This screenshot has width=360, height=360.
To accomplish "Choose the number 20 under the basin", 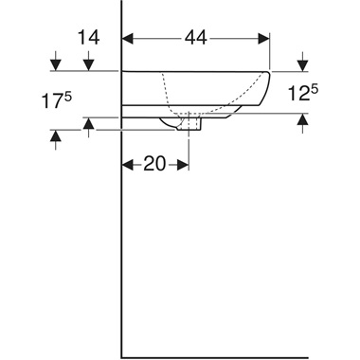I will pyautogui.click(x=154, y=164).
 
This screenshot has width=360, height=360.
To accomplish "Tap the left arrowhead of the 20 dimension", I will pyautogui.click(x=128, y=164).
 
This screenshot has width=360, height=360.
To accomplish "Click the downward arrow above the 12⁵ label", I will pyautogui.click(x=302, y=64).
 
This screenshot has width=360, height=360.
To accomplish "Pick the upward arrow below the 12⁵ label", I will pyautogui.click(x=302, y=119).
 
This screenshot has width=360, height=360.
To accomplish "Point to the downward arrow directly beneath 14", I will pyautogui.click(x=87, y=64).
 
